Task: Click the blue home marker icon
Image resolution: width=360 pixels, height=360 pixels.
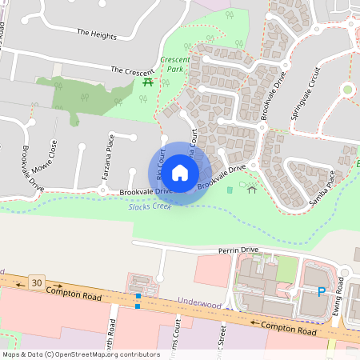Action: [x=180, y=173]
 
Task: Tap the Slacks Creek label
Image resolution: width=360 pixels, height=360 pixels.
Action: [x=150, y=207]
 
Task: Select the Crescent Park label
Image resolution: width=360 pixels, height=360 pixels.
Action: [x=174, y=64]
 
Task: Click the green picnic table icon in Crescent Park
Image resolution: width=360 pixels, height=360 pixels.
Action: [x=147, y=82]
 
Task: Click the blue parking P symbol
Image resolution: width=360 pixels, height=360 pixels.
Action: [x=322, y=292]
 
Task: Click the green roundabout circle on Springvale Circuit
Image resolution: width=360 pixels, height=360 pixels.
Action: [x=347, y=90]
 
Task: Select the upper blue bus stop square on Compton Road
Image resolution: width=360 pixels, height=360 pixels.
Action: [x=138, y=297]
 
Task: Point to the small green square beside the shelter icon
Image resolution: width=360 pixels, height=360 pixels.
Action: [x=231, y=190]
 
